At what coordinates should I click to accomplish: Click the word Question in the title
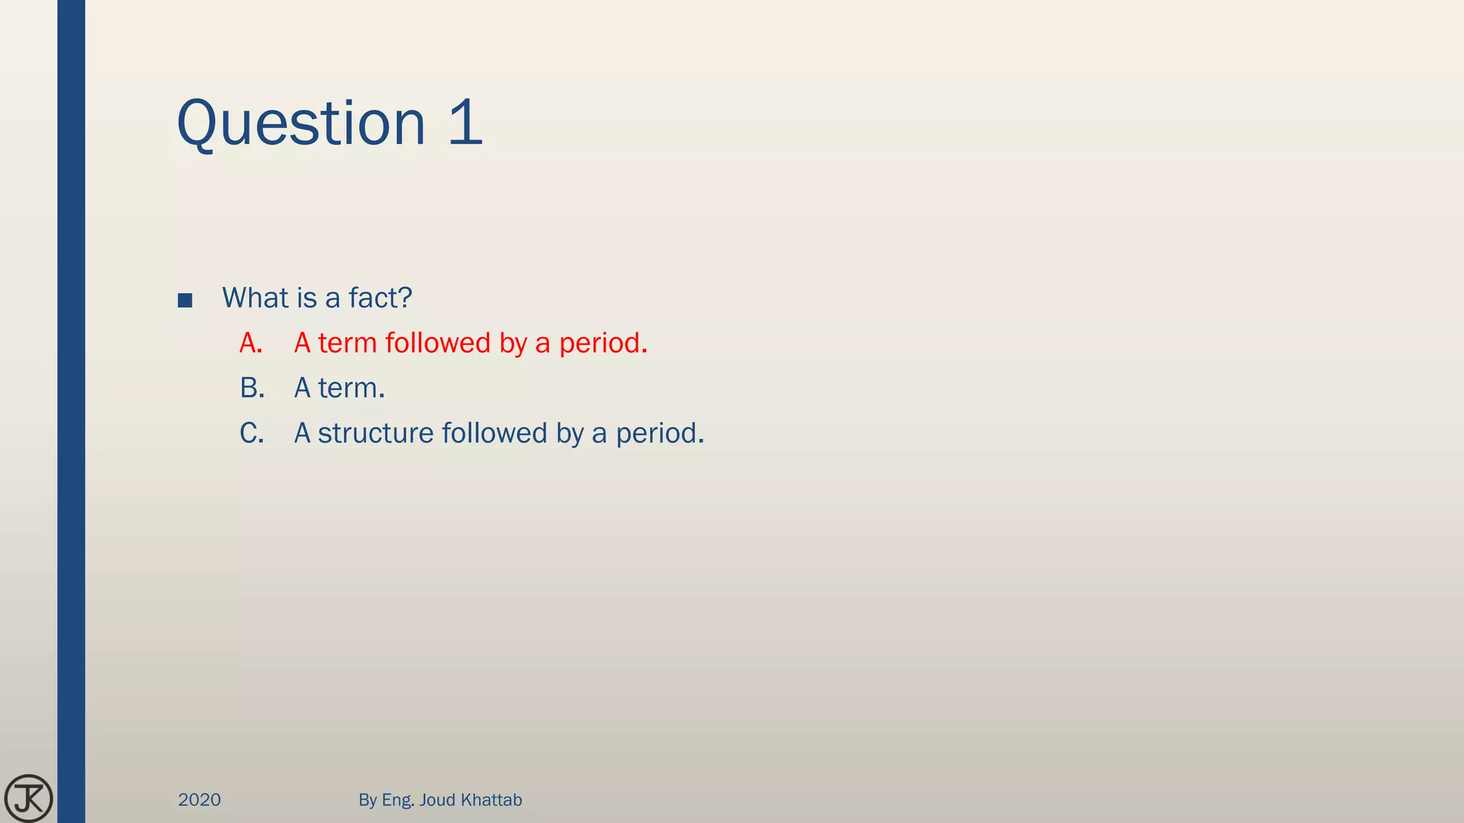click(x=300, y=124)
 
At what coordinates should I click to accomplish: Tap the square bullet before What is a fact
click(x=185, y=300)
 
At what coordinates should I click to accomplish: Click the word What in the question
click(x=255, y=297)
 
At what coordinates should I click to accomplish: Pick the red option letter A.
click(x=250, y=343)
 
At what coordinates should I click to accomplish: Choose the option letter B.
click(x=252, y=388)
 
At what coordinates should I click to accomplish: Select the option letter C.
click(x=252, y=433)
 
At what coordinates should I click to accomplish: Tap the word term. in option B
click(x=351, y=388)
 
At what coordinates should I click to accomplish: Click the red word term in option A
click(x=347, y=344)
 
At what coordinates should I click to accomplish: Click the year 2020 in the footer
click(x=199, y=799)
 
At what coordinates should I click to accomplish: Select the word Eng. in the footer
click(x=398, y=800)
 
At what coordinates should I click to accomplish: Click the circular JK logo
click(x=29, y=798)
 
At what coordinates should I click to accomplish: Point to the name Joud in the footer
click(x=437, y=799)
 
